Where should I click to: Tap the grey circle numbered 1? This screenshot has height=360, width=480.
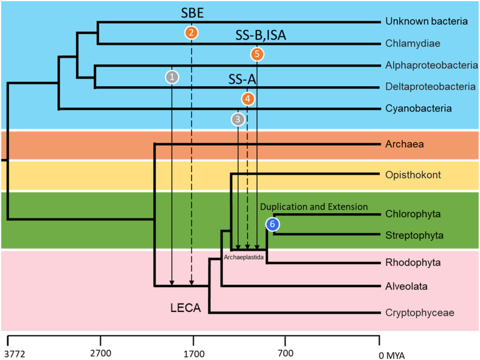173,77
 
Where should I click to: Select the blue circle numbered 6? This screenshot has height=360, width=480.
273,224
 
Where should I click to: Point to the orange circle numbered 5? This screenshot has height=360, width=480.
257,54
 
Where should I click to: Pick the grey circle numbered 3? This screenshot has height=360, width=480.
238,119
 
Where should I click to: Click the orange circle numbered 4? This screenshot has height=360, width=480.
247,98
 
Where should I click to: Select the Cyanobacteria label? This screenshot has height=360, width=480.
418,109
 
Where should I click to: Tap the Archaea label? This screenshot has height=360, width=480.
403,144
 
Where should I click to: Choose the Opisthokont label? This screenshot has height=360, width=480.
413,175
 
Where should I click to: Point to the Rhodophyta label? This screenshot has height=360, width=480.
413,263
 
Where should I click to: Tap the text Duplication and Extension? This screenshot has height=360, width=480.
314,206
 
